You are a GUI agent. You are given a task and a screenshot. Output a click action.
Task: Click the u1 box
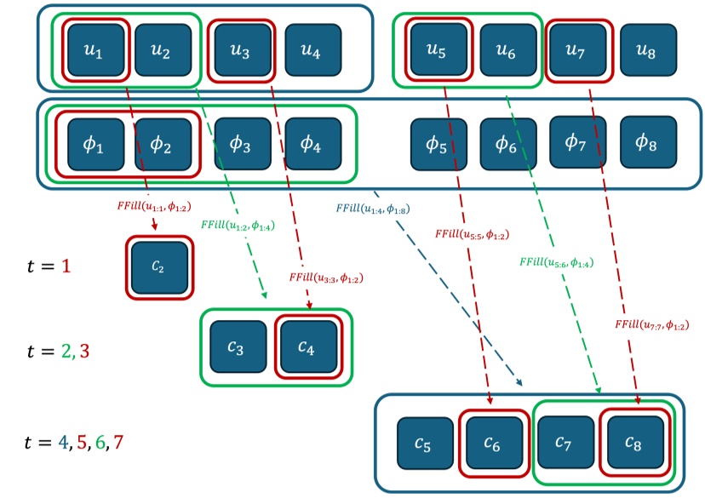click(95, 52)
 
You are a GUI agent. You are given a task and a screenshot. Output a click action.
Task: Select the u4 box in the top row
click(312, 53)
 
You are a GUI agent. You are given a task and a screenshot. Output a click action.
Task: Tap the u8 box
click(648, 52)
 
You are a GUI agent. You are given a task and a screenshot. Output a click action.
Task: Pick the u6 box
click(507, 52)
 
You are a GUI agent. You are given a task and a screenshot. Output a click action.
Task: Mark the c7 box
click(563, 443)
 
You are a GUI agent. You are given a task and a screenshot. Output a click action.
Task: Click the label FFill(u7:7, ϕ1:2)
click(651, 324)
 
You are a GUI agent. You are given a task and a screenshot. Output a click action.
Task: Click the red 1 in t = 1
click(66, 266)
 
